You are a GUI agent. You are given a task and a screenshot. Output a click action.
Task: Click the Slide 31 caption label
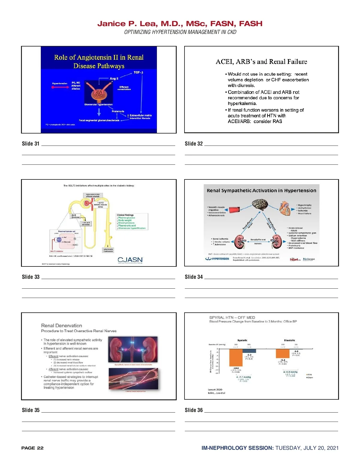(x=31, y=144)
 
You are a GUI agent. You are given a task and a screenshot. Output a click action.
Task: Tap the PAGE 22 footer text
(x=32, y=448)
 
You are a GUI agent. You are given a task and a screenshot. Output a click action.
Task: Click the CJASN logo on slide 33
(x=130, y=260)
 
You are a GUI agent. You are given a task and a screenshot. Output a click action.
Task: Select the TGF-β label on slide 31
(x=138, y=73)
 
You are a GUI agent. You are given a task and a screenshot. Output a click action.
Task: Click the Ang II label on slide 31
(x=114, y=79)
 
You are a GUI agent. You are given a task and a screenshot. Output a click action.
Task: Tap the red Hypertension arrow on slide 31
(x=60, y=87)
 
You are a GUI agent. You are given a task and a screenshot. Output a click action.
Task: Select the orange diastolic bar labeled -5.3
(x=283, y=354)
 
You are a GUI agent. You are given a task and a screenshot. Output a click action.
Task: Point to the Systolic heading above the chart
(x=242, y=340)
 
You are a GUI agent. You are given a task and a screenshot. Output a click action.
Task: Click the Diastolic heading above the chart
(x=289, y=340)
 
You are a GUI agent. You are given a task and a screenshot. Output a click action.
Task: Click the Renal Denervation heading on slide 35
(x=61, y=326)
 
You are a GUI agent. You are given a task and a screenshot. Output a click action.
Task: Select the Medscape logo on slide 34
(x=309, y=259)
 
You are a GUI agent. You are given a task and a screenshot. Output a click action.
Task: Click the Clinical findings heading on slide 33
(x=125, y=215)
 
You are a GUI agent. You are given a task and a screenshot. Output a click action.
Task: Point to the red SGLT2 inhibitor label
(x=57, y=251)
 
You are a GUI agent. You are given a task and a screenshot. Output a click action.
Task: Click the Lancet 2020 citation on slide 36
(x=215, y=389)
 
